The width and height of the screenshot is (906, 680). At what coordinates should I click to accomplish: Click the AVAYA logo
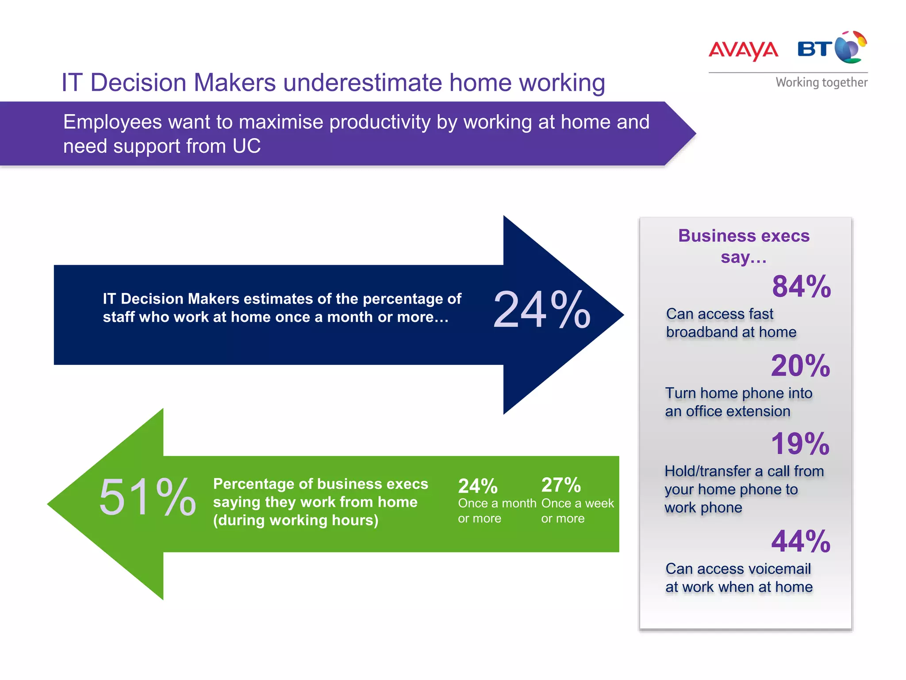(x=743, y=50)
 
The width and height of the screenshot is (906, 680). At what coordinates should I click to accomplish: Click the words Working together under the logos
(x=822, y=82)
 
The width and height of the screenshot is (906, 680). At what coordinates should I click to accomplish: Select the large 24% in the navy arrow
(x=541, y=310)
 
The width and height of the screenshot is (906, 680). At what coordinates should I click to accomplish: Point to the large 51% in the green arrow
(x=147, y=498)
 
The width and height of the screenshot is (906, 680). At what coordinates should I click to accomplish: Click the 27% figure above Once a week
(x=561, y=485)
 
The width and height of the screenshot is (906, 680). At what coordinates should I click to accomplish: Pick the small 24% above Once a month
(x=478, y=486)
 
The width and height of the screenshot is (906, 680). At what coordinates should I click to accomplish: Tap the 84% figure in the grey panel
(x=801, y=286)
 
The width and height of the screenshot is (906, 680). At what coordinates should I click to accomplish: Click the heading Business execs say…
(x=744, y=246)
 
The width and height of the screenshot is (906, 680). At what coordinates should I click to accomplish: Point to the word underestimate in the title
(x=362, y=83)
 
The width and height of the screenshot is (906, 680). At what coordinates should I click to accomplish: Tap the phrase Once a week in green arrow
(x=577, y=503)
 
